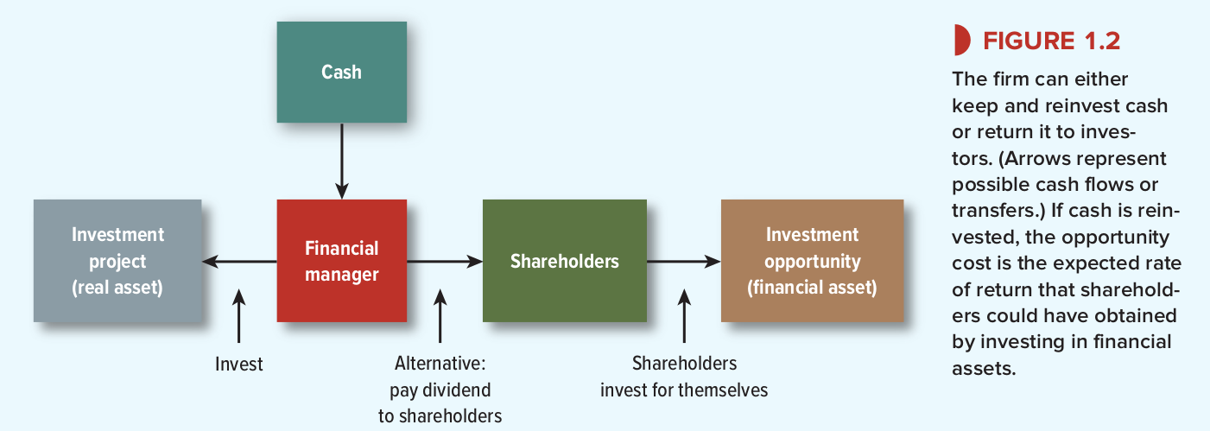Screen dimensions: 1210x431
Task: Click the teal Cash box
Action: click(x=341, y=72)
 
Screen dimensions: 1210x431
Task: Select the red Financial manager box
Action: click(x=341, y=261)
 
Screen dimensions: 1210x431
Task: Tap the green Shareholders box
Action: click(x=565, y=261)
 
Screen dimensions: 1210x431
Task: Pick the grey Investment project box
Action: click(x=117, y=261)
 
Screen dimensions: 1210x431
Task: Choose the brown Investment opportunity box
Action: click(x=812, y=261)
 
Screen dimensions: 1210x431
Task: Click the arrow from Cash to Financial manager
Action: click(x=341, y=161)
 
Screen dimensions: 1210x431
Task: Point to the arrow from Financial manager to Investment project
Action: click(x=239, y=262)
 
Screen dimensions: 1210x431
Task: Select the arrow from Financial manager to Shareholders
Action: click(x=445, y=262)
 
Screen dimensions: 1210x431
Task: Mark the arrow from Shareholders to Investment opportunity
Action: click(x=684, y=262)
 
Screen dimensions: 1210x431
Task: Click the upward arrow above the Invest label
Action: click(x=238, y=316)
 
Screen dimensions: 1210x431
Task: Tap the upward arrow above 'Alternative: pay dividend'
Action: click(x=440, y=316)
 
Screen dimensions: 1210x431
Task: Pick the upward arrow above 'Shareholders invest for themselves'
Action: click(x=684, y=316)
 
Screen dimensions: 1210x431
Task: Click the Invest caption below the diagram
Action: click(x=238, y=364)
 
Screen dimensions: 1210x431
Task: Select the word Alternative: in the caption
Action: click(x=440, y=364)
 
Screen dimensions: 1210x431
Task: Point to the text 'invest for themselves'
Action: click(x=684, y=390)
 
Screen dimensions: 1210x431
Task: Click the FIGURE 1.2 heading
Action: click(x=1052, y=41)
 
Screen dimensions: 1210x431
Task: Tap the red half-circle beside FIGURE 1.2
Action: click(x=962, y=40)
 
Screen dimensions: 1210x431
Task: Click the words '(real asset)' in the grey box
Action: click(x=117, y=288)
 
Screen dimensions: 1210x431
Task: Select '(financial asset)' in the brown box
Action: click(x=812, y=288)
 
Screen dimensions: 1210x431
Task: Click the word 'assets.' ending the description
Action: click(x=984, y=369)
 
